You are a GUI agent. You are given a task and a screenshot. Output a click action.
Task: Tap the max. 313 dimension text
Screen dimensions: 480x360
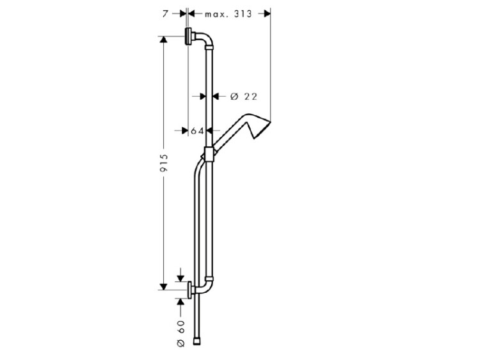(x=228, y=14)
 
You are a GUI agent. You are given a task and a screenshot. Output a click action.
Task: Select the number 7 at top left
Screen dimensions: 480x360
(x=165, y=14)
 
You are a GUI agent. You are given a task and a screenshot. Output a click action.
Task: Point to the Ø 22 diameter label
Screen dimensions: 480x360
(x=244, y=97)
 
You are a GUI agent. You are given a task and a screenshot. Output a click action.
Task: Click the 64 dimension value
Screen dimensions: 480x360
(x=197, y=131)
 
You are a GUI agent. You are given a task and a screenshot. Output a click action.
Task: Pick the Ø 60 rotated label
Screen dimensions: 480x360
(x=181, y=333)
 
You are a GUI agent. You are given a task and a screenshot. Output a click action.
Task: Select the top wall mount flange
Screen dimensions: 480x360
(x=188, y=36)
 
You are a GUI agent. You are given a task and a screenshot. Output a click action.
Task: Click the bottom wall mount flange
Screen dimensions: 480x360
(x=190, y=290)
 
